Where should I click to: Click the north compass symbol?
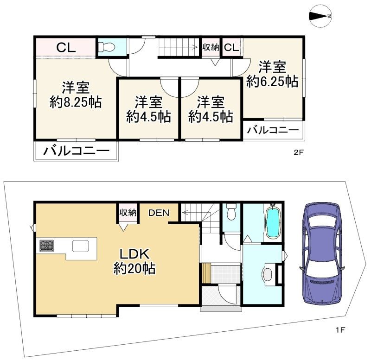(320, 16)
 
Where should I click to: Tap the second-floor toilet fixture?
(107, 47)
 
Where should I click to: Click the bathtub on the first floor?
(273, 221)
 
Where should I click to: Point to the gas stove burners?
(46, 246)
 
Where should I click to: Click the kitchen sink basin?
(81, 246)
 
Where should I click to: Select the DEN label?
(159, 213)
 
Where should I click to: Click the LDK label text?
(134, 254)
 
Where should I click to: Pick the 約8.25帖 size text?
(76, 102)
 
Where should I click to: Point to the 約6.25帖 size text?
(272, 82)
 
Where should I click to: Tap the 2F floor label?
(298, 152)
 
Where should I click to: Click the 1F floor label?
(341, 330)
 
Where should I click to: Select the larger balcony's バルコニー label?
(76, 151)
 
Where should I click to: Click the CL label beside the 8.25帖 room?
(66, 48)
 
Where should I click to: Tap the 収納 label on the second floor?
(211, 47)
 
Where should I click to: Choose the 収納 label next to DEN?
(128, 213)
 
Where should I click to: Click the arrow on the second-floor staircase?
(178, 47)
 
